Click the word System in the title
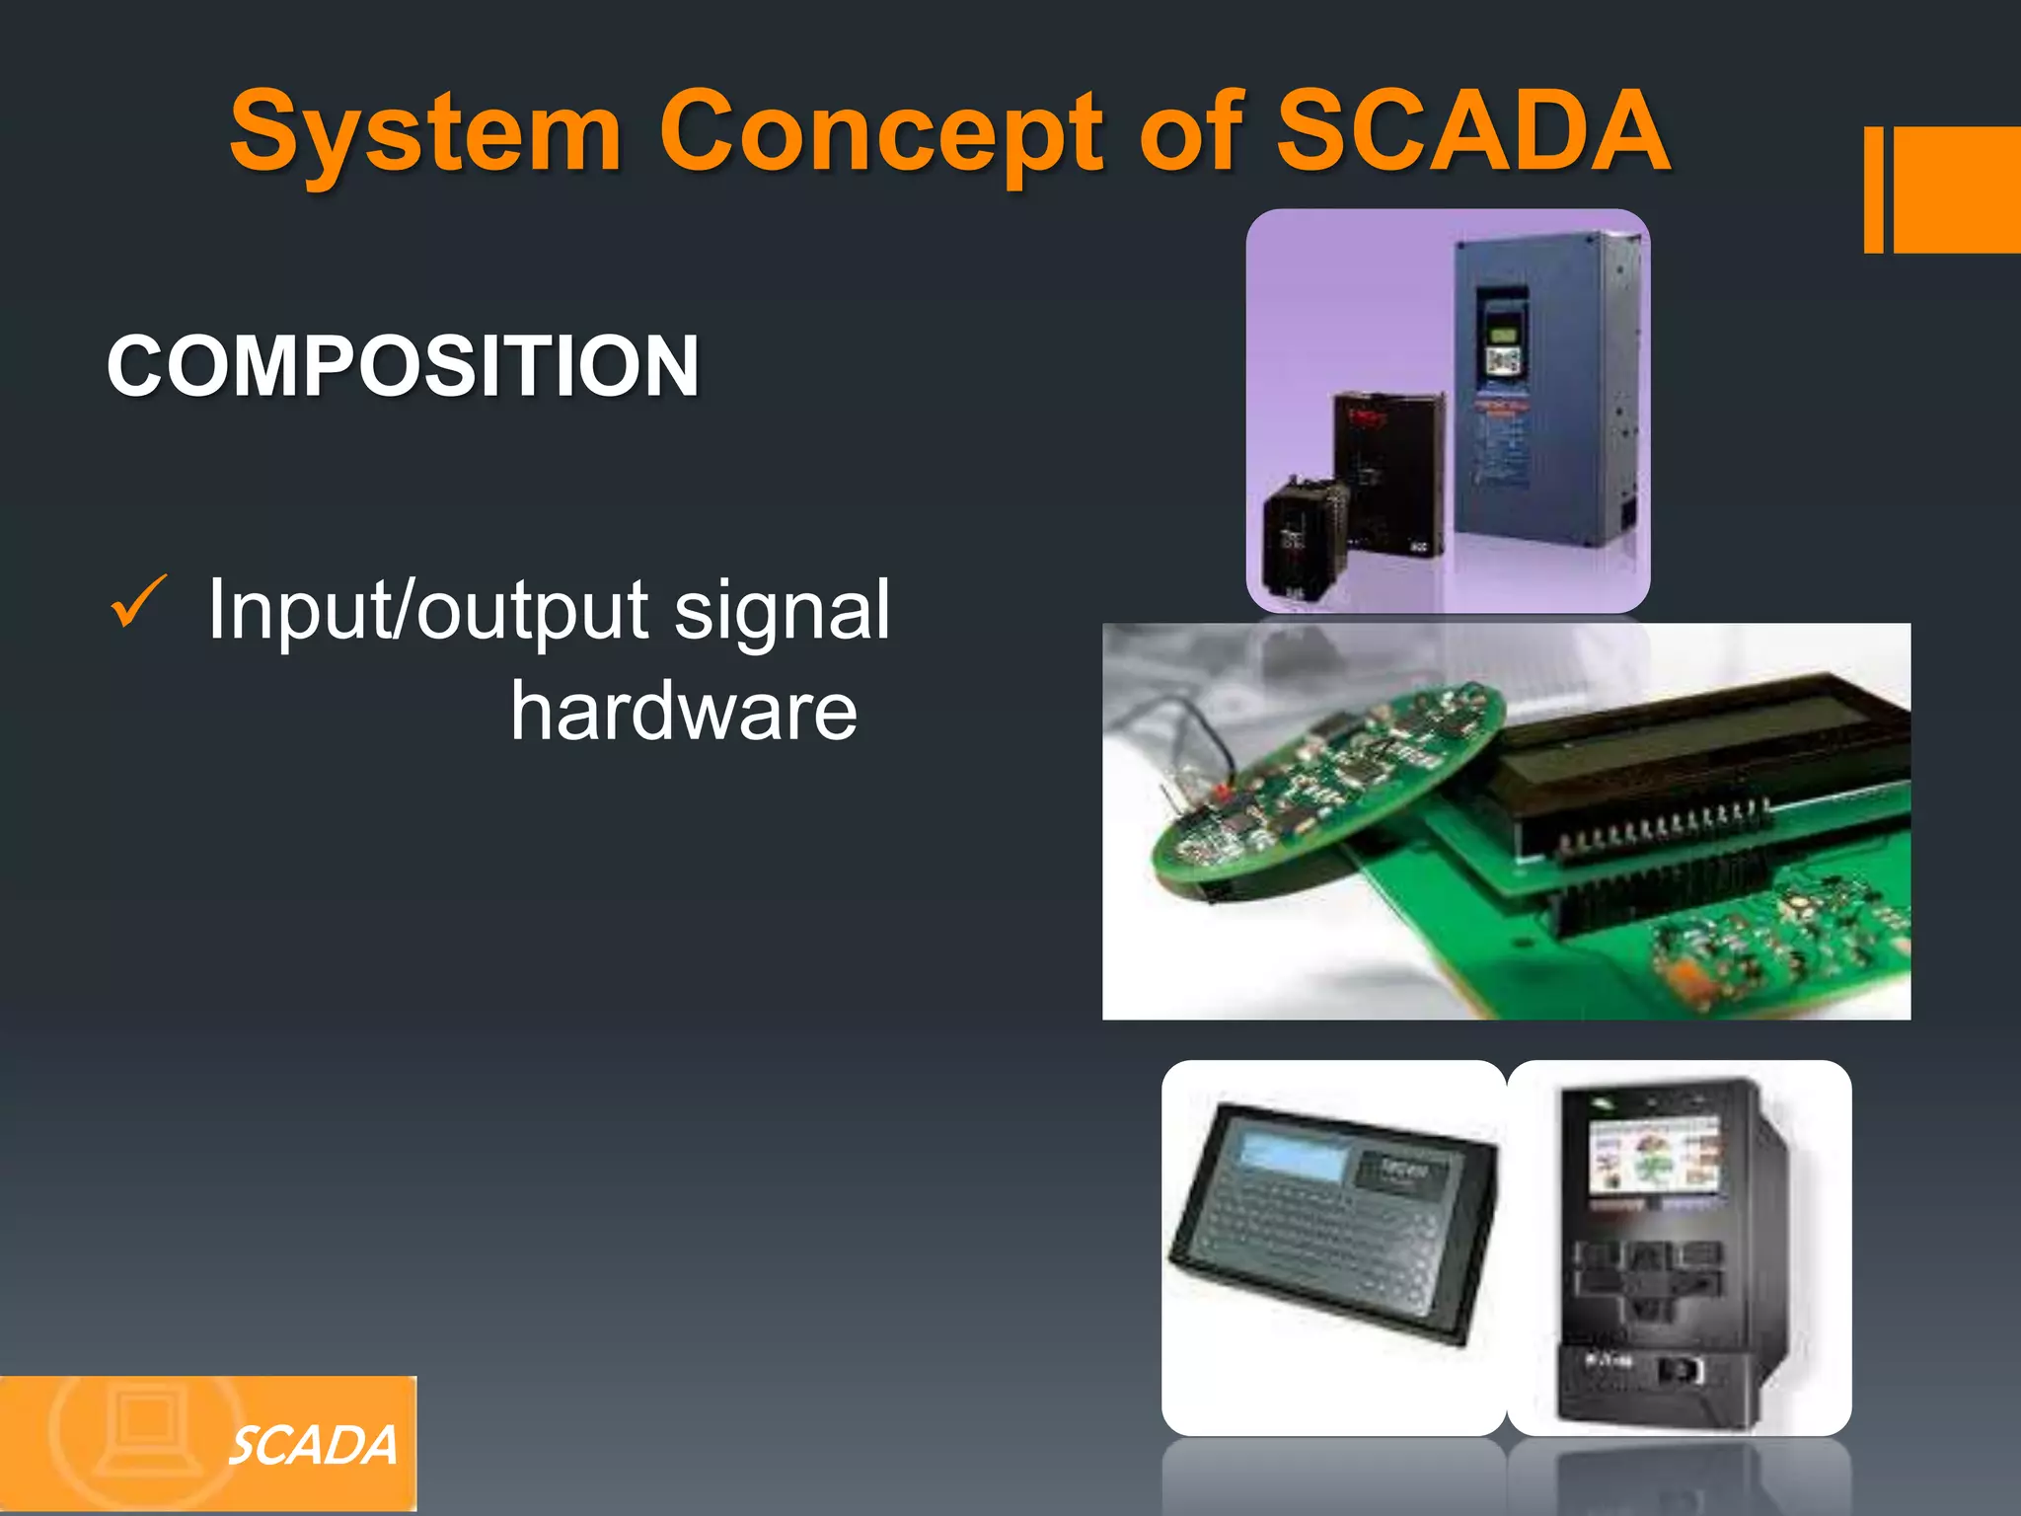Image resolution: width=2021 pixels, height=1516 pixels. pyautogui.click(x=425, y=131)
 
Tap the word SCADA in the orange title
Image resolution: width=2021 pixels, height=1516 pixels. pyautogui.click(x=1472, y=130)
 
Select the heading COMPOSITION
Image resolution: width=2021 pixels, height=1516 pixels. pyautogui.click(x=403, y=366)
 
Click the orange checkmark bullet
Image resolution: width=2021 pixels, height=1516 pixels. pyautogui.click(x=138, y=602)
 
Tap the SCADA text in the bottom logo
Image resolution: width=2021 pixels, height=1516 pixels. pyautogui.click(x=313, y=1447)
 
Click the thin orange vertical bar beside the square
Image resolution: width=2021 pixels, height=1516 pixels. pyautogui.click(x=1873, y=189)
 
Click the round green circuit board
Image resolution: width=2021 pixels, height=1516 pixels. pyautogui.click(x=1327, y=790)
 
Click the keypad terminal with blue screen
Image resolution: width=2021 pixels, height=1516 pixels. pyautogui.click(x=1332, y=1224)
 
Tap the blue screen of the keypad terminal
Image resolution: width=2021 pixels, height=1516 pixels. pyautogui.click(x=1294, y=1155)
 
